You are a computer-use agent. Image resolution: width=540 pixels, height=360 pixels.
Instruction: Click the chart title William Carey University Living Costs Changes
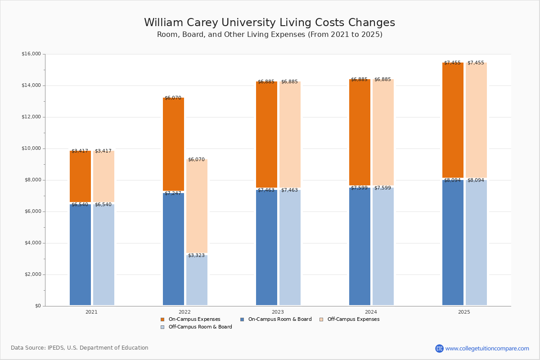tap(270, 23)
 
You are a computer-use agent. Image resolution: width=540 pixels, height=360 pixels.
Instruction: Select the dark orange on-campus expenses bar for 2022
tap(173, 144)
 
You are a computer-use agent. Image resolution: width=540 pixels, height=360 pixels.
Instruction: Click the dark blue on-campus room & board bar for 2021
tap(80, 255)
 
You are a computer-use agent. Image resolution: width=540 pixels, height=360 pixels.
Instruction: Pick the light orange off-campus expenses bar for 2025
tap(476, 120)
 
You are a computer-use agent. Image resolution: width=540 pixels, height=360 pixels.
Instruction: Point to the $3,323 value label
tap(196, 256)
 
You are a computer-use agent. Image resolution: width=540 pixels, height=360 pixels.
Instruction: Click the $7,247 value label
tap(173, 193)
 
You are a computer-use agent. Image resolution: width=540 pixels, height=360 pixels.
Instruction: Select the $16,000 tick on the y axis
tap(31, 54)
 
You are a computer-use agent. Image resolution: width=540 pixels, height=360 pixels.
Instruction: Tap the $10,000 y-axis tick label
tap(31, 148)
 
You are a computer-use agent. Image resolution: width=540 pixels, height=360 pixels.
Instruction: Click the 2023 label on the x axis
tap(278, 312)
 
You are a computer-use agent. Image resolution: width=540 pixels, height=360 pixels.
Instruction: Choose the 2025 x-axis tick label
tap(464, 312)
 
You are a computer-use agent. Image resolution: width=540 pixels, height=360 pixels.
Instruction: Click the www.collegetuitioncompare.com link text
tap(487, 348)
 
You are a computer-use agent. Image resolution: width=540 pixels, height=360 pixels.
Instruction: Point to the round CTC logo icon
tap(439, 348)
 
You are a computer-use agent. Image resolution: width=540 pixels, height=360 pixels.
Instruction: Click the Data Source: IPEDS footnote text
tap(80, 348)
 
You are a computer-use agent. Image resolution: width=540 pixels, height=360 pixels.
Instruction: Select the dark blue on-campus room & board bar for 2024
tap(360, 246)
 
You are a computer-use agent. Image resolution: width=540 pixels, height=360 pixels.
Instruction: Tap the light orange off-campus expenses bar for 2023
tap(290, 135)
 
